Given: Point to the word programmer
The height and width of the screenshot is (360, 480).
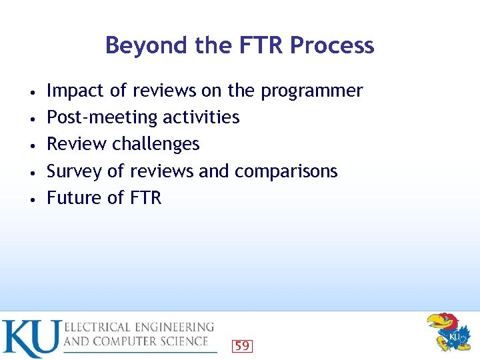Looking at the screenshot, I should click(x=311, y=91).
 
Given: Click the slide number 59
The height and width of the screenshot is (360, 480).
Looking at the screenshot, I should click(x=242, y=345).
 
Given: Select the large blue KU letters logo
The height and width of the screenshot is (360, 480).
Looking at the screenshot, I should click(x=31, y=339).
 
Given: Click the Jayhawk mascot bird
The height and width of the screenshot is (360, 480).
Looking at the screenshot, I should click(x=448, y=331).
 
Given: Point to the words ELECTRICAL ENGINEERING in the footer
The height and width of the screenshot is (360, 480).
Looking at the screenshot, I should click(x=139, y=327).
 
